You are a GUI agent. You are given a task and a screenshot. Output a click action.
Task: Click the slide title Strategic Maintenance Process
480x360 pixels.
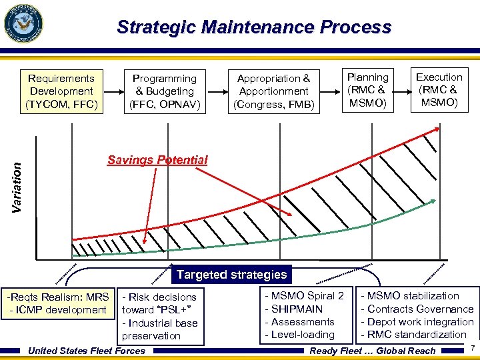tap(253, 27)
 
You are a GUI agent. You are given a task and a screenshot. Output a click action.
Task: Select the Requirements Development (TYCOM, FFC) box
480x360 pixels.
tap(61, 91)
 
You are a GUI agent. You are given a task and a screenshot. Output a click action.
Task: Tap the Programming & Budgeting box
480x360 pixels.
tap(165, 91)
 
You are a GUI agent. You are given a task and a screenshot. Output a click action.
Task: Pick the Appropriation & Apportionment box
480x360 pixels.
tap(274, 91)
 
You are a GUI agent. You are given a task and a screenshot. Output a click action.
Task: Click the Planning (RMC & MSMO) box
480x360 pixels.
tap(367, 90)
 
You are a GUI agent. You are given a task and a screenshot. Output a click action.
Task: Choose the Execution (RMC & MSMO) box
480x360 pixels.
tap(439, 90)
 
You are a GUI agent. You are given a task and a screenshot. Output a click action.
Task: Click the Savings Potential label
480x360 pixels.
tap(157, 160)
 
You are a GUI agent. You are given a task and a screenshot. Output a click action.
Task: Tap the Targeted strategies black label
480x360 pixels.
tap(231, 275)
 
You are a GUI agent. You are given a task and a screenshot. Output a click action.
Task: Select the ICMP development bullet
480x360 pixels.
tap(57, 310)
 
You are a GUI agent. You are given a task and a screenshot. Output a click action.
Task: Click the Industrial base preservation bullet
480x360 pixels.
tap(160, 329)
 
